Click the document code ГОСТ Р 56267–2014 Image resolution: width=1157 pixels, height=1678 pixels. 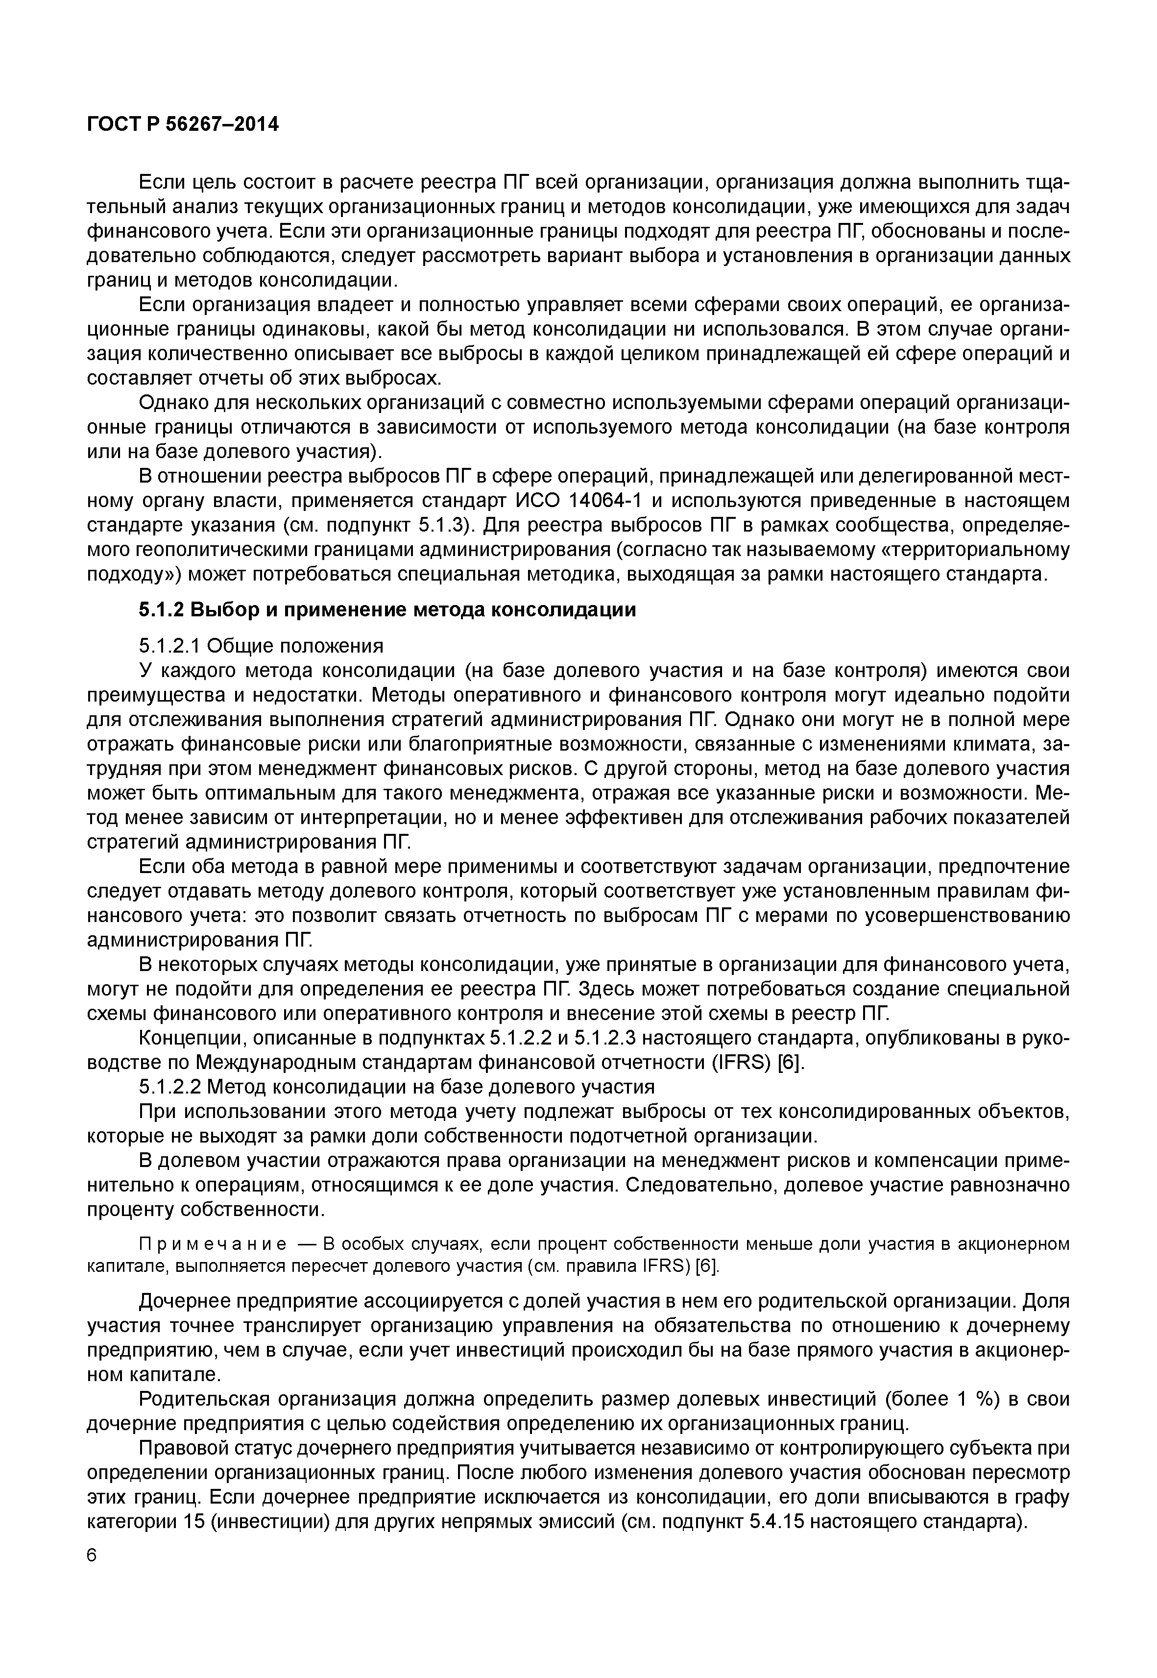182,125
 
